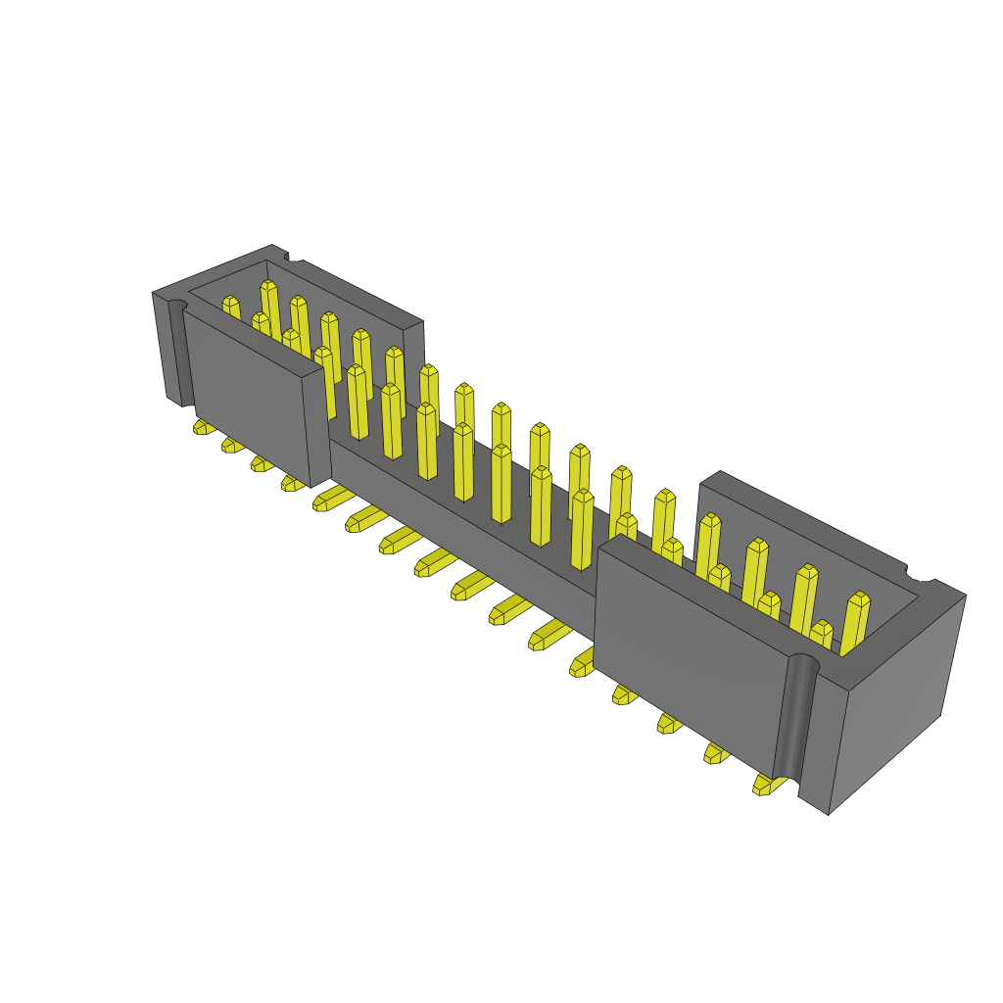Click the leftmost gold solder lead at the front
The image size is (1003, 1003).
click(204, 427)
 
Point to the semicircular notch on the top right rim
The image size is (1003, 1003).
click(921, 572)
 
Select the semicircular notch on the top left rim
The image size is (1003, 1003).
click(293, 258)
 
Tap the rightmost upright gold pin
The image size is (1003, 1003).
click(854, 622)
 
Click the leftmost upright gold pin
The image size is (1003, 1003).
click(231, 310)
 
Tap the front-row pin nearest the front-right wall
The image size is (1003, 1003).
click(582, 529)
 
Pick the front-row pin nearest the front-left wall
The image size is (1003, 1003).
click(358, 402)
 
